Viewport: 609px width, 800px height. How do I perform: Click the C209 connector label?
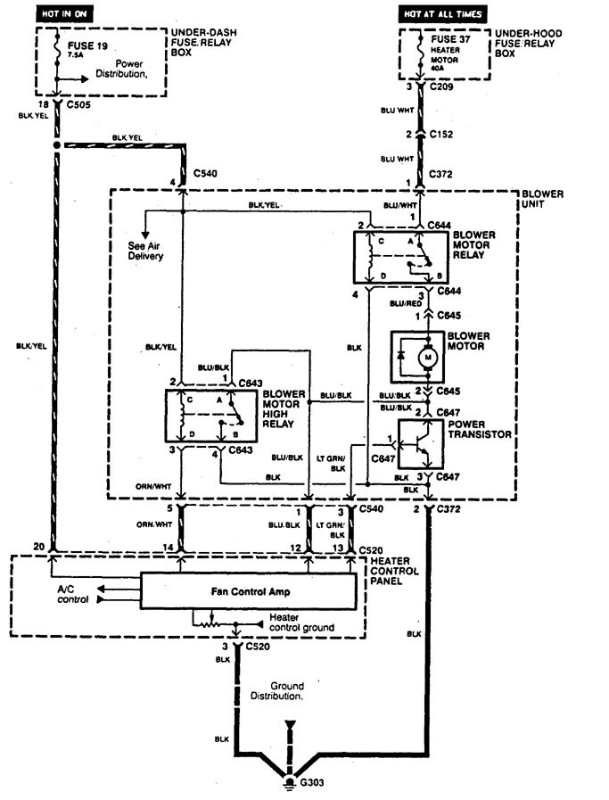[x=443, y=90]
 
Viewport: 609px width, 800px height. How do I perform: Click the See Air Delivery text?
[x=144, y=249]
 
